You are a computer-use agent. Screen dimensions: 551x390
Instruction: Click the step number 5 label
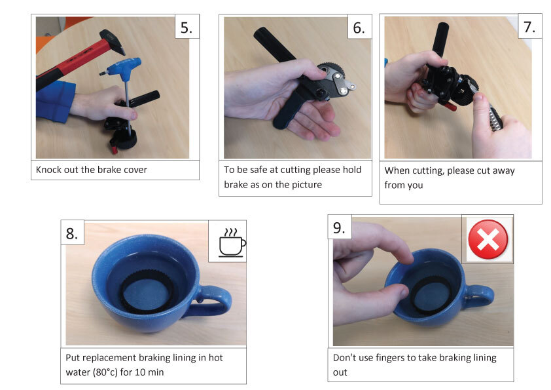[187, 28]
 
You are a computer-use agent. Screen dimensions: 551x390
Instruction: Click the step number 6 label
[359, 28]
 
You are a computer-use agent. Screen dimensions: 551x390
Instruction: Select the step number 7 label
[529, 27]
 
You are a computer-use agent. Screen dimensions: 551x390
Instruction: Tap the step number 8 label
[72, 233]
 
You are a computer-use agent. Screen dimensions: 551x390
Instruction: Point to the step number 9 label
[339, 228]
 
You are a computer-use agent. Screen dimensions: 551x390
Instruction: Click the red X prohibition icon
[488, 239]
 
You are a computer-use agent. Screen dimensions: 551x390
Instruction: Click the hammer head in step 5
[113, 41]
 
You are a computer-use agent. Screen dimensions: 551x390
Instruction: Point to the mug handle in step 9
[480, 296]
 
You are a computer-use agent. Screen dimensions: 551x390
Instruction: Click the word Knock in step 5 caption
[48, 170]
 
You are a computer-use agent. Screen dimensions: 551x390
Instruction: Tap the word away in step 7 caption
[504, 171]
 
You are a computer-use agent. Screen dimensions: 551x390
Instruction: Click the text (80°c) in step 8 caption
[105, 372]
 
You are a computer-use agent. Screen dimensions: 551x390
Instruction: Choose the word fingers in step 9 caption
[390, 358]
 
